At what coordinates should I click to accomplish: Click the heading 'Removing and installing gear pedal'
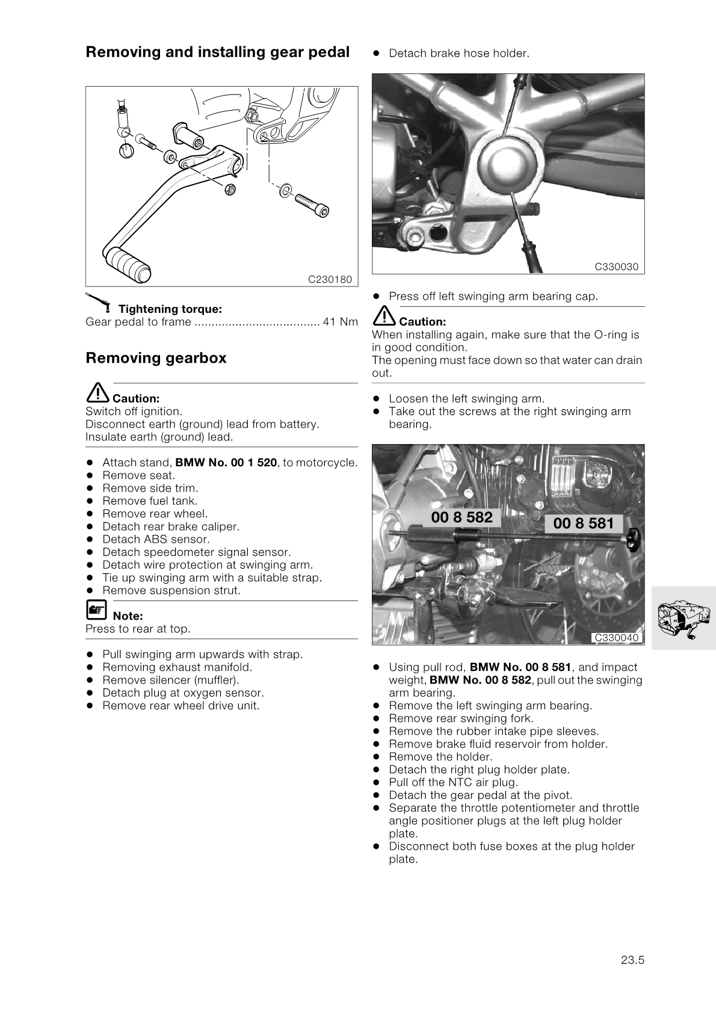(217, 52)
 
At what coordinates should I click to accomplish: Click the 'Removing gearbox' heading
(156, 358)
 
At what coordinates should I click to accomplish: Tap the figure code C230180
(330, 279)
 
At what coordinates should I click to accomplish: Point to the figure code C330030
(616, 267)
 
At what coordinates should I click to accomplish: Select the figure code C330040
(616, 638)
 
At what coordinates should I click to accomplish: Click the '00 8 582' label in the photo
(461, 517)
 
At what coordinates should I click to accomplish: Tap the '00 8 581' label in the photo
(583, 523)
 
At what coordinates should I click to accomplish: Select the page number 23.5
(632, 960)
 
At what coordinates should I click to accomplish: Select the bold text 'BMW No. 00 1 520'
(226, 463)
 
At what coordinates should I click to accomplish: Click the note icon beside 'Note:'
(95, 611)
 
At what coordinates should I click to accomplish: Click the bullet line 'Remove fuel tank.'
(150, 501)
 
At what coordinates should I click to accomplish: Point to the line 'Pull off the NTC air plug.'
(453, 782)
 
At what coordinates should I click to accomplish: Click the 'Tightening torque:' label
(170, 309)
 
